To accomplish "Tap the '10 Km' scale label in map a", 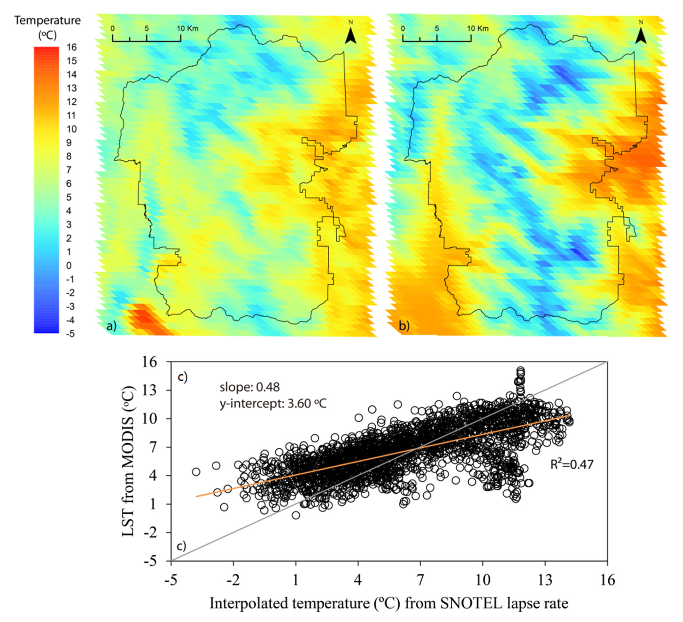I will [187, 29].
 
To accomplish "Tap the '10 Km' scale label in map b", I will [478, 29].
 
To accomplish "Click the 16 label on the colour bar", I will [71, 47].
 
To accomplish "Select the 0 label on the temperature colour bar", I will [69, 265].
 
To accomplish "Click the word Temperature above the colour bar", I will [47, 21].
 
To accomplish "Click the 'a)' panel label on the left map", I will [111, 326].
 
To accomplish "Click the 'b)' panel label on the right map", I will [404, 326].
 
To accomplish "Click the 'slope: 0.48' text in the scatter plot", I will [250, 387].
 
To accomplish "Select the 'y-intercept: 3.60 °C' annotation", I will [273, 403].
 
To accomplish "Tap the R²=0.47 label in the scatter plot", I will [572, 465].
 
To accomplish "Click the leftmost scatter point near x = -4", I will [196, 472].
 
